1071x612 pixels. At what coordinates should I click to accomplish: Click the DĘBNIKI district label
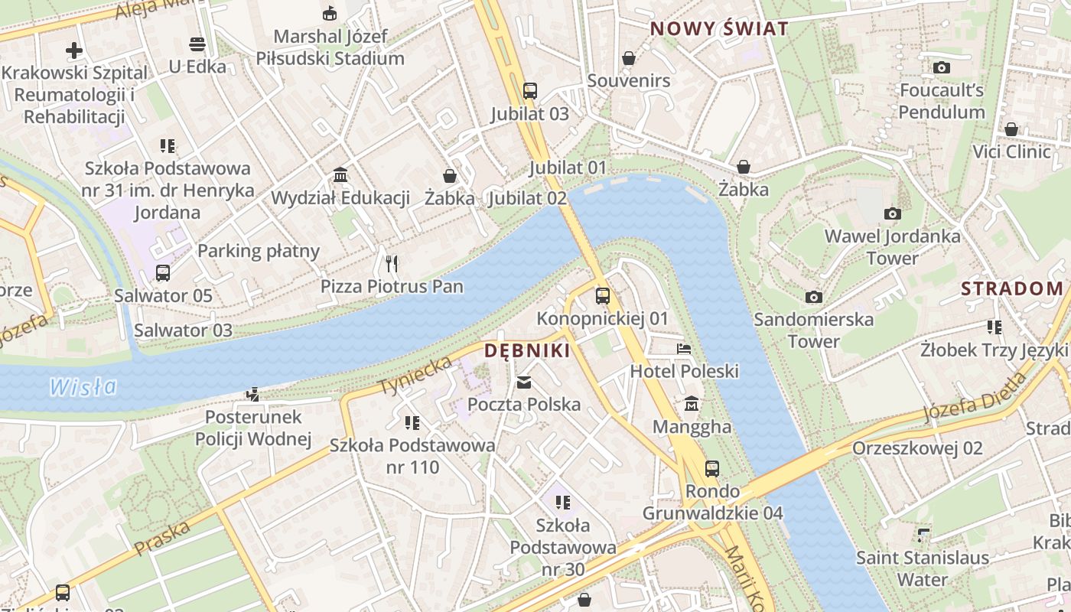(x=527, y=351)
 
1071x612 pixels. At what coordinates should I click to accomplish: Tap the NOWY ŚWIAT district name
(x=718, y=29)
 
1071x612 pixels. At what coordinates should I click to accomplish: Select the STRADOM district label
(x=1012, y=288)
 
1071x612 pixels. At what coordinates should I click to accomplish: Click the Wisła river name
(x=83, y=387)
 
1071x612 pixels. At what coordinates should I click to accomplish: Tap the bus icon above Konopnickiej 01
(x=603, y=296)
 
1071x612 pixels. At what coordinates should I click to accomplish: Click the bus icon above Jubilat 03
(x=530, y=91)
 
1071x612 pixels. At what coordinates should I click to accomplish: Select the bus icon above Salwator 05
(x=163, y=273)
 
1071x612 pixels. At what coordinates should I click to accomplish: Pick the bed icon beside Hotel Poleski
(x=684, y=349)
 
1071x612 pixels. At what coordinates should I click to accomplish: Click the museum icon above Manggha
(x=692, y=403)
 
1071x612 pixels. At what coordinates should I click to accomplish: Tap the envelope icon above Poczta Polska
(x=524, y=382)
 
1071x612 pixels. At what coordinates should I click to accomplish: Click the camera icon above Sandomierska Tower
(x=814, y=297)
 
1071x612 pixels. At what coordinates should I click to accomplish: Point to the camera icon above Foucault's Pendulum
(x=942, y=67)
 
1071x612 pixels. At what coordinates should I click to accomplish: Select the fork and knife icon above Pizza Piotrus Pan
(x=392, y=264)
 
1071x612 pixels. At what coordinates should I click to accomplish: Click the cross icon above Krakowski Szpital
(x=74, y=50)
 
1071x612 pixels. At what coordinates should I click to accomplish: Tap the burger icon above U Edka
(x=197, y=44)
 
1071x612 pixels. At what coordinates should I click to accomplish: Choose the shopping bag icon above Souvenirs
(x=628, y=58)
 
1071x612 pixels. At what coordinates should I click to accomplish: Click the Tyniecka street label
(x=415, y=374)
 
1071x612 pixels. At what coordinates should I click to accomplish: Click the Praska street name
(x=162, y=538)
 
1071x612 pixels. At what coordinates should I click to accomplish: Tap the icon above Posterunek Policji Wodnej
(x=252, y=395)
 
